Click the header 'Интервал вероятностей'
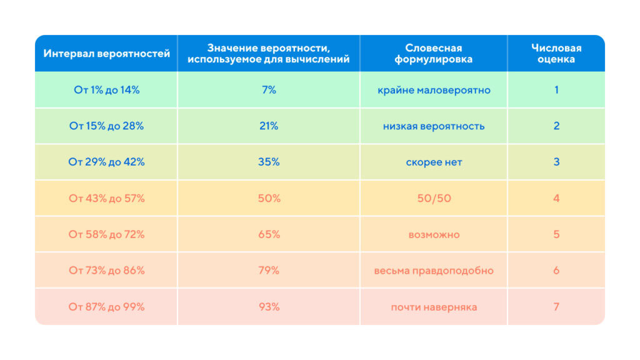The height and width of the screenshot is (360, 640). (106, 54)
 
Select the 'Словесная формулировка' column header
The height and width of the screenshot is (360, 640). (434, 54)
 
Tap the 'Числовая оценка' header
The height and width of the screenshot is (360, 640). (556, 54)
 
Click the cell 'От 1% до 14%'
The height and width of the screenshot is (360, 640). (106, 90)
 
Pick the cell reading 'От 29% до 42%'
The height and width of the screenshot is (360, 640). (106, 162)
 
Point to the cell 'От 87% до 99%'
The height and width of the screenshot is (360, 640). (106, 307)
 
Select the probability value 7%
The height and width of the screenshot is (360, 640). (269, 90)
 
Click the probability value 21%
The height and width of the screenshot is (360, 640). (269, 126)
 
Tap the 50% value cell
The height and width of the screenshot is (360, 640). (269, 198)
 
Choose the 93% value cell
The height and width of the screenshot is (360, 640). (269, 307)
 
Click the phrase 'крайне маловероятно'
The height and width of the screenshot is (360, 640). (434, 90)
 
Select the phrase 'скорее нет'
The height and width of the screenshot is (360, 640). (434, 162)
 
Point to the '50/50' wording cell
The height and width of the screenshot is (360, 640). (434, 198)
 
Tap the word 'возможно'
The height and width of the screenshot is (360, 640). (434, 234)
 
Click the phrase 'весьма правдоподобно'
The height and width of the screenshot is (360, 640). (434, 271)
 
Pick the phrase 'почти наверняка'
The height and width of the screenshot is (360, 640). (434, 307)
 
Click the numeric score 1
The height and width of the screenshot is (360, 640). (556, 90)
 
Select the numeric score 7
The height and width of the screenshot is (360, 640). (556, 307)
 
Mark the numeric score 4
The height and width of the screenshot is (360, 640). (556, 198)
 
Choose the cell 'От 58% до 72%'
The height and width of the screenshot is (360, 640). (106, 234)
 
